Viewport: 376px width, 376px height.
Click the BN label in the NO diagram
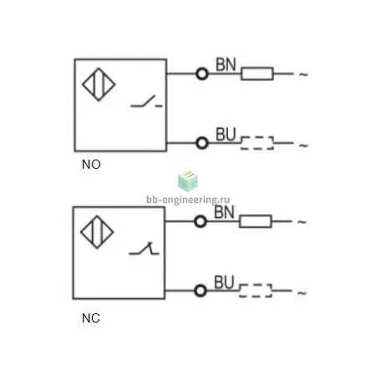tap(226, 64)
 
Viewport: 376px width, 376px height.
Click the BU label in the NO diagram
tap(226, 135)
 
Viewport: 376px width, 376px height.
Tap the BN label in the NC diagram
tap(224, 212)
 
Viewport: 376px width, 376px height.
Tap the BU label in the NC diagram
tap(224, 282)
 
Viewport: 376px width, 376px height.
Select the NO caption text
tap(91, 165)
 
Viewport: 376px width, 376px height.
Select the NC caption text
tap(91, 318)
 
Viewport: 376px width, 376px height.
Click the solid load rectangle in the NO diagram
tap(257, 74)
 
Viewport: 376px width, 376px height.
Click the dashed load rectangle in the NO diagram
tap(257, 143)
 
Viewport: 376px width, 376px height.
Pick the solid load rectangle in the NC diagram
tap(256, 221)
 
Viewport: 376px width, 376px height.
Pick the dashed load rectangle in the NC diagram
tap(256, 291)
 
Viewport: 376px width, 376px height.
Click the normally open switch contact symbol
tap(146, 102)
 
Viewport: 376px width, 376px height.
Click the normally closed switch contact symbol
tap(144, 248)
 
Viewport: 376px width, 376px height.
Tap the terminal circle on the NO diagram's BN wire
tap(202, 74)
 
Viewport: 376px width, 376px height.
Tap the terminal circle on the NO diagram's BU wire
tap(202, 143)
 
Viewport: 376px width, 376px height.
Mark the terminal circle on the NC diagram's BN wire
tap(201, 221)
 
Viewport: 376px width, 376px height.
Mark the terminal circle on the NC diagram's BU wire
tap(201, 291)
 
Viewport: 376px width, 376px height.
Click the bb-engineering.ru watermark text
tap(188, 200)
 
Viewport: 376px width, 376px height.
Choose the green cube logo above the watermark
tap(188, 181)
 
